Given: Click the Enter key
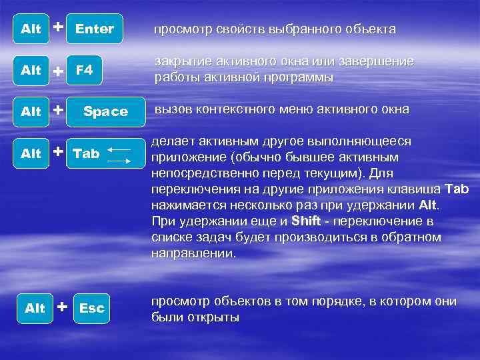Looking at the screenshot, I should coord(95,29).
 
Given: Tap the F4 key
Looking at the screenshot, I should coord(84,70).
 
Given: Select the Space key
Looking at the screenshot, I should coord(105,111).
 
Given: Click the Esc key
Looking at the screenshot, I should coord(92,308).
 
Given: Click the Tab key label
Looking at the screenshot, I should coord(86,153).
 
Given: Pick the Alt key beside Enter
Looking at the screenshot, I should coord(31,29).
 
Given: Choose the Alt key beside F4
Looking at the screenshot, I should coord(31,70).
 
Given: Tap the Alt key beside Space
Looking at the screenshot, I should coord(31,111).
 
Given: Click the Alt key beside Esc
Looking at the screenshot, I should coord(35,308).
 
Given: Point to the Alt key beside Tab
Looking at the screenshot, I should coord(31,153).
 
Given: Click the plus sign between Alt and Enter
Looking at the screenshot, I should coord(59,27).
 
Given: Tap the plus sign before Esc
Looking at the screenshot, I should coord(62,307).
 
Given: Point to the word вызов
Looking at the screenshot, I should coord(171,109).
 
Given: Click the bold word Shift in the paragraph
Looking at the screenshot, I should coord(307,221).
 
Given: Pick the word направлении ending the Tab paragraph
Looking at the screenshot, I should coord(193,253).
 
